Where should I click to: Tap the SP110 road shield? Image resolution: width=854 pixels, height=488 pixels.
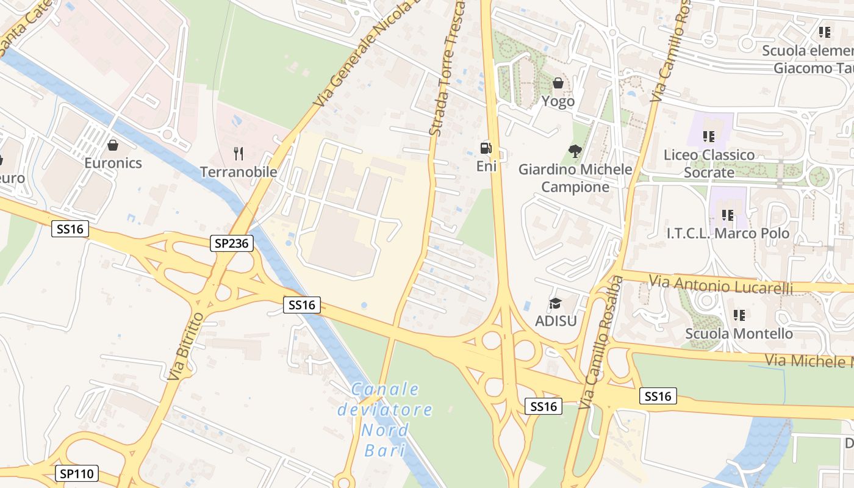pyautogui.click(x=77, y=473)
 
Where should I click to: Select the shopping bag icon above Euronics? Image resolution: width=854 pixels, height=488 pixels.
pyautogui.click(x=112, y=145)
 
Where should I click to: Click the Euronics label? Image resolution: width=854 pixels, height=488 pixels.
pyautogui.click(x=113, y=163)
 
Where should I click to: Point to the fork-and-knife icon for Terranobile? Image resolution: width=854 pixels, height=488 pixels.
pyautogui.click(x=239, y=153)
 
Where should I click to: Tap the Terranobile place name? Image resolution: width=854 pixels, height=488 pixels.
pyautogui.click(x=239, y=172)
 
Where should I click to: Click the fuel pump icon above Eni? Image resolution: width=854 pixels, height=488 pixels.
pyautogui.click(x=486, y=148)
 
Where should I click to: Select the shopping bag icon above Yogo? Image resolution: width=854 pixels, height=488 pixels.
pyautogui.click(x=558, y=83)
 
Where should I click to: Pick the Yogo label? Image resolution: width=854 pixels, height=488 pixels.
pyautogui.click(x=558, y=101)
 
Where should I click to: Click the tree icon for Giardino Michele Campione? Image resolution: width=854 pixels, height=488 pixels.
pyautogui.click(x=575, y=151)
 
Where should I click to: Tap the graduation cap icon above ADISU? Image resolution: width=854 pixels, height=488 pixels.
pyautogui.click(x=555, y=303)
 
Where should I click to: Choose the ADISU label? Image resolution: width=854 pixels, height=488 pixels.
pyautogui.click(x=556, y=320)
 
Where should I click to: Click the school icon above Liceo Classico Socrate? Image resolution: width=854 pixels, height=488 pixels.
pyautogui.click(x=709, y=137)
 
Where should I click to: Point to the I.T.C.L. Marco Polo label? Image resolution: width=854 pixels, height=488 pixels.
pyautogui.click(x=728, y=233)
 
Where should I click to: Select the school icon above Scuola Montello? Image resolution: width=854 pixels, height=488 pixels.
pyautogui.click(x=739, y=315)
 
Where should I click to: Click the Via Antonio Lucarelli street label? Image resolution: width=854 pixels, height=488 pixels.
pyautogui.click(x=720, y=284)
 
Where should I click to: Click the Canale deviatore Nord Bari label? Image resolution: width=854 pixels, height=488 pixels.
pyautogui.click(x=385, y=419)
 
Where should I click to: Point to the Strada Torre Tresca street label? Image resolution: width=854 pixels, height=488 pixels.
pyautogui.click(x=447, y=67)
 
